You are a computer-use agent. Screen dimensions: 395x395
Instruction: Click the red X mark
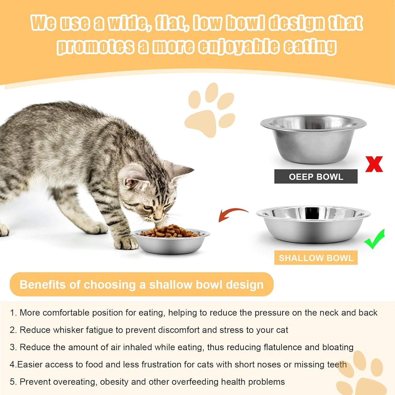pos(374,164)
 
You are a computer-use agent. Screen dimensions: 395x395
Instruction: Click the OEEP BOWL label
pos(316,177)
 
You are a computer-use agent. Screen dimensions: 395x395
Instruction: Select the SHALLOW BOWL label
pos(316,258)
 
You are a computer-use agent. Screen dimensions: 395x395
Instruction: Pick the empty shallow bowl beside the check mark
pos(313,224)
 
